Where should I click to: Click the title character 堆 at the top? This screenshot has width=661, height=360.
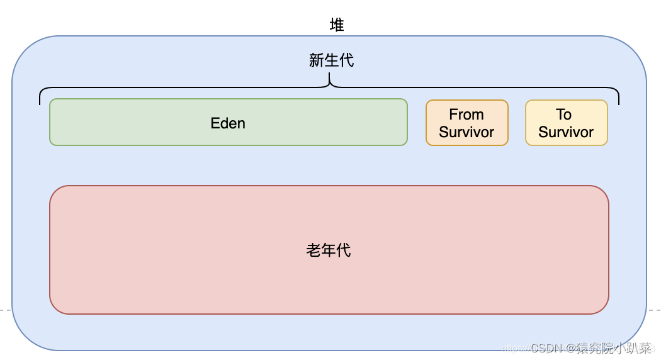coord(337,25)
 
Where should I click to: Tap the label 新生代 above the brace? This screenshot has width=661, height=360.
coord(331,60)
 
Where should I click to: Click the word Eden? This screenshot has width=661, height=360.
coord(228,123)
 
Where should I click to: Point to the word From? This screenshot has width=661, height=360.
coord(466,115)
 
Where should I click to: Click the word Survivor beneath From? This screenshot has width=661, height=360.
coord(466,132)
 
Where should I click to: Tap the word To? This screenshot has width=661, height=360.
coord(563,115)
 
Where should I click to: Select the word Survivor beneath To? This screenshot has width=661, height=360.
coord(566,132)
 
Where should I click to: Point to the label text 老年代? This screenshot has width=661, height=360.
coord(329,250)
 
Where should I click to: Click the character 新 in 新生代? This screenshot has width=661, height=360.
coord(316,60)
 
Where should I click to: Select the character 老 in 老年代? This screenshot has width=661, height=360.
coord(314,250)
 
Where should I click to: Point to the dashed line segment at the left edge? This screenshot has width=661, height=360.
coord(5,310)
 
